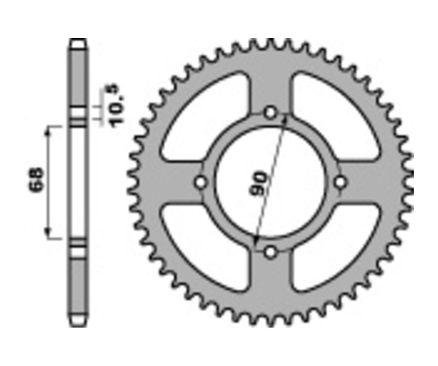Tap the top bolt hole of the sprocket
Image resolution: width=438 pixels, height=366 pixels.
[x=271, y=112]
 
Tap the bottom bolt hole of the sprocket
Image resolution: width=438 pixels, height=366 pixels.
[x=271, y=252]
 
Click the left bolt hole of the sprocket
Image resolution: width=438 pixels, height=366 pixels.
[x=200, y=183]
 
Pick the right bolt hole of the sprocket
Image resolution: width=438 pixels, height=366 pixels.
[x=340, y=182]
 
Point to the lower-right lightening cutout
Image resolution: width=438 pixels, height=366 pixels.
[x=336, y=248]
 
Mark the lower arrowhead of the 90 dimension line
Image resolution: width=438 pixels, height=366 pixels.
[x=255, y=240]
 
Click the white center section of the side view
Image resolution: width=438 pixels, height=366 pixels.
[x=78, y=183]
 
